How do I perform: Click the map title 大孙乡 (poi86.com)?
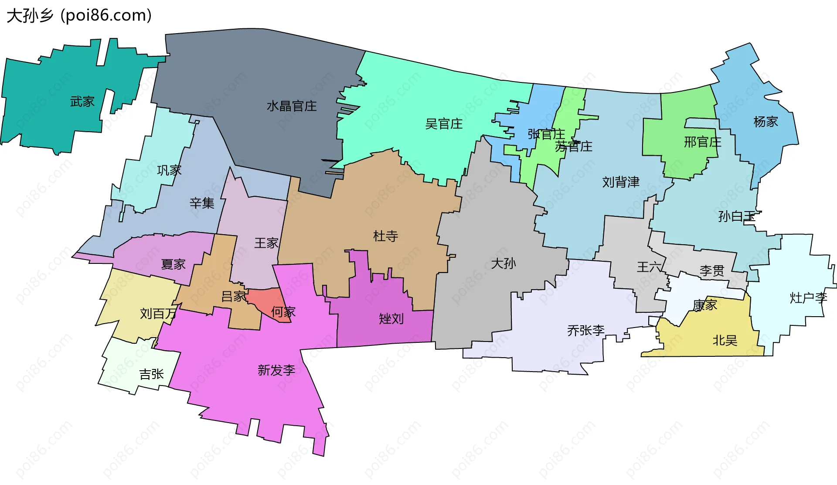tap(79, 15)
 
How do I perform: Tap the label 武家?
tap(82, 102)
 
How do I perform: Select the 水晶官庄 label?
tap(292, 106)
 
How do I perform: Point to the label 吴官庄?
tap(444, 124)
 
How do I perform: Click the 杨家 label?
tap(766, 122)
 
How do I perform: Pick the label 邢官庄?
tap(702, 142)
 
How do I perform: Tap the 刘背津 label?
tap(621, 182)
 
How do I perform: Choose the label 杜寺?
tap(385, 236)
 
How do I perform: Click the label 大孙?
tap(503, 263)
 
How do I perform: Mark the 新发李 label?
tap(276, 370)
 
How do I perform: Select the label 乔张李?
tap(585, 331)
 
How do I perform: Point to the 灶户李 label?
tap(808, 298)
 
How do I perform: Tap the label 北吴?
tap(725, 341)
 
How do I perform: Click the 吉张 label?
tap(151, 374)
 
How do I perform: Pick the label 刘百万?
tap(158, 314)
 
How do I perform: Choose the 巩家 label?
tap(169, 170)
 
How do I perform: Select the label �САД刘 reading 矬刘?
tap(391, 319)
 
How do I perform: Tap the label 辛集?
tap(202, 203)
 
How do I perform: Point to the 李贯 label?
tap(712, 271)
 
